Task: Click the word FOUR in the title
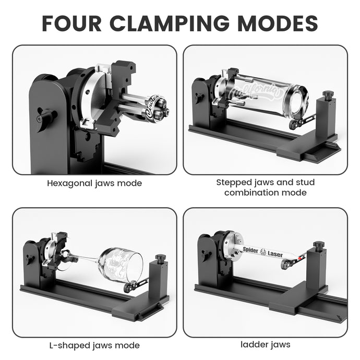pyautogui.click(x=71, y=23)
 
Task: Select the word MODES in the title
pyautogui.click(x=278, y=23)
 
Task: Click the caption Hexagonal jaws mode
pyautogui.click(x=94, y=183)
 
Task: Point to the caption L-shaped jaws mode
pyautogui.click(x=94, y=345)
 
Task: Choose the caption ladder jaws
pyautogui.click(x=266, y=344)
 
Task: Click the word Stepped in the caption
pyautogui.click(x=234, y=183)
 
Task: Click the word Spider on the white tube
pyautogui.click(x=250, y=250)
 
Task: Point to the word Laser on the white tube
pyautogui.click(x=275, y=254)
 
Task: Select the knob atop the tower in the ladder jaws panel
pyautogui.click(x=318, y=245)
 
